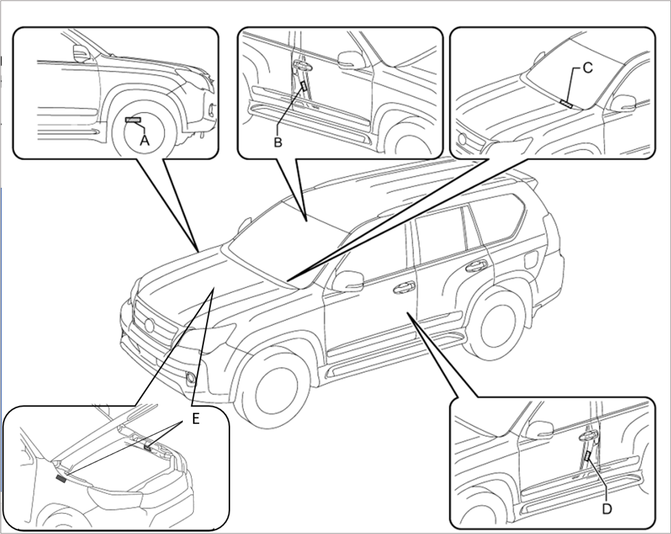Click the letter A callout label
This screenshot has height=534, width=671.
point(145,141)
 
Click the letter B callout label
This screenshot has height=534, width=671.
point(278,142)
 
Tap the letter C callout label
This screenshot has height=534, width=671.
point(588,68)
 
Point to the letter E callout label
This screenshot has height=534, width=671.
point(196,419)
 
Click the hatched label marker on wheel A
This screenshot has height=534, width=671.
point(133,120)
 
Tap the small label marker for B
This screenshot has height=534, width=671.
point(304,86)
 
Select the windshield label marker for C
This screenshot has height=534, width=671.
point(566,104)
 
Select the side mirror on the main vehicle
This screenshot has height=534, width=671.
point(348,282)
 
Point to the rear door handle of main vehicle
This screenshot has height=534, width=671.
point(476,266)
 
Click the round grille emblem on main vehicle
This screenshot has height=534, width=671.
point(149,326)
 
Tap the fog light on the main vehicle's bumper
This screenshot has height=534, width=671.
point(191,378)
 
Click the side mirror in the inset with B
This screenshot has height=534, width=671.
point(351,60)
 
